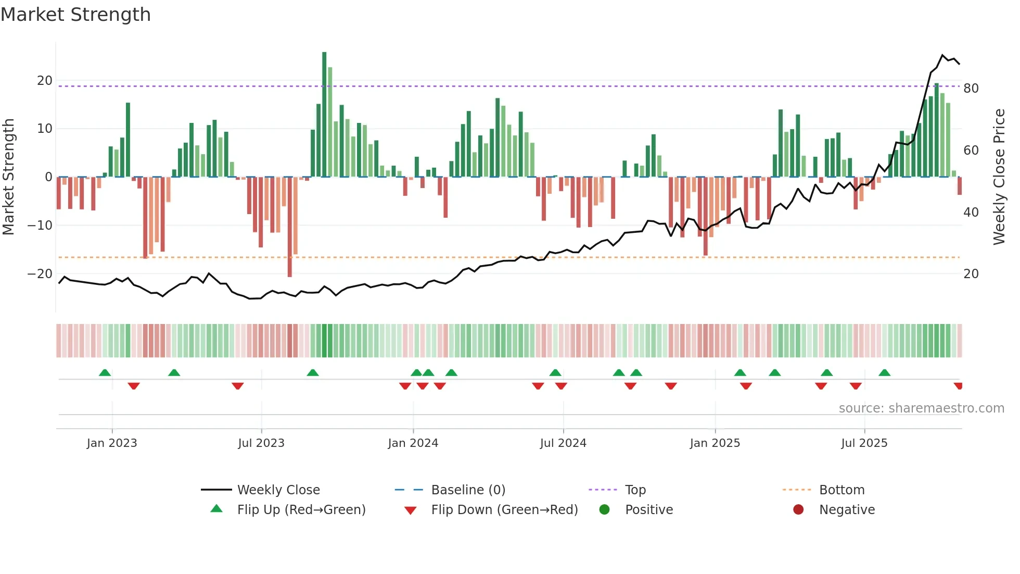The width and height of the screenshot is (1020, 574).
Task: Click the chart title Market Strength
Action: pyautogui.click(x=75, y=15)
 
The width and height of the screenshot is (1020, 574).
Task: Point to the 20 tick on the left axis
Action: pyautogui.click(x=45, y=81)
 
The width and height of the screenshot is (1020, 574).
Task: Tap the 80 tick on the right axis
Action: pyautogui.click(x=971, y=89)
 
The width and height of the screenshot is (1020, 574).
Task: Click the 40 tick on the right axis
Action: pyautogui.click(x=971, y=213)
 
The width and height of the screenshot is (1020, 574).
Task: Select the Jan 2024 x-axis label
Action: pyautogui.click(x=413, y=443)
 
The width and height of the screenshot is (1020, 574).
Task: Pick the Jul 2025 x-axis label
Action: pyautogui.click(x=864, y=443)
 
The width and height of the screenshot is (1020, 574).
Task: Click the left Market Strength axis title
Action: pyautogui.click(x=8, y=177)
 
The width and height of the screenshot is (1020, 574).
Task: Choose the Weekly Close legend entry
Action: pyautogui.click(x=278, y=490)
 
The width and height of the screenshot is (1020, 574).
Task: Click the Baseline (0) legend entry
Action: pyautogui.click(x=468, y=490)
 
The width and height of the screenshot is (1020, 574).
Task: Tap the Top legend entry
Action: pyautogui.click(x=635, y=490)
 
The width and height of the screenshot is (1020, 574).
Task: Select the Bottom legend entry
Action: pyautogui.click(x=841, y=490)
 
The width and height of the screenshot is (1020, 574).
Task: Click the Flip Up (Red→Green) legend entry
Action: pyautogui.click(x=301, y=510)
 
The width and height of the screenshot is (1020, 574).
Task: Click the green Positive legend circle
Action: pyautogui.click(x=604, y=509)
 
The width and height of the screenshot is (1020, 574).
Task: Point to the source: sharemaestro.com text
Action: pyautogui.click(x=921, y=408)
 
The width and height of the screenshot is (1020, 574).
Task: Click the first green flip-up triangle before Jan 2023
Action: pyautogui.click(x=105, y=373)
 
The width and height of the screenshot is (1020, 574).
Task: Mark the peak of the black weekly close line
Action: pyautogui.click(x=942, y=55)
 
